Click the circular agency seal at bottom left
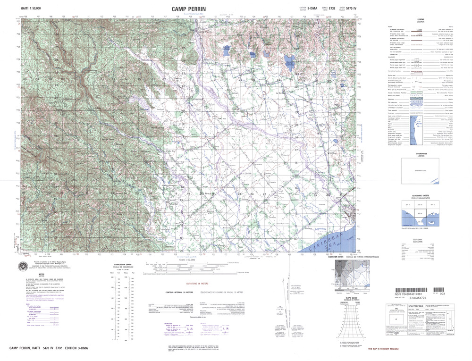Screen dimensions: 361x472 (x=23, y=267)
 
